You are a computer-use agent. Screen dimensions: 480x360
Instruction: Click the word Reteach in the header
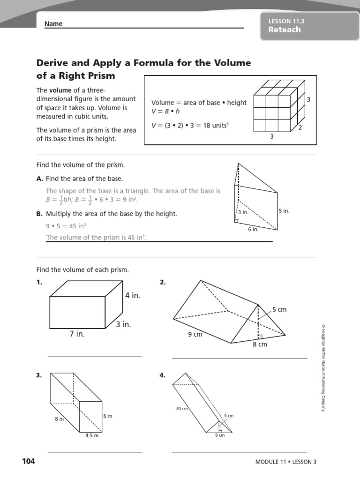(x=285, y=30)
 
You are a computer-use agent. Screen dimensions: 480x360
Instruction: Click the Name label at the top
(x=53, y=24)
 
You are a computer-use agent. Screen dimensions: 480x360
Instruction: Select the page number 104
(x=28, y=461)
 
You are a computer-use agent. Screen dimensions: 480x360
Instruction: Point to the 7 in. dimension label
(x=77, y=334)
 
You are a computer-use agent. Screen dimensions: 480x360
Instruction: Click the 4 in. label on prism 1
(x=133, y=296)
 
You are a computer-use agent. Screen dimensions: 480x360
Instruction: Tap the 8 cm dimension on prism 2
(x=260, y=344)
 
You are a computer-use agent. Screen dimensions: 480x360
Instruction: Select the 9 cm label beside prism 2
(x=195, y=334)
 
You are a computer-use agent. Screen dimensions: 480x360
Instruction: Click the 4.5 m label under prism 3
(x=91, y=435)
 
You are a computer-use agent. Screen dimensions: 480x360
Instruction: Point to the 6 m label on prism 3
(x=108, y=416)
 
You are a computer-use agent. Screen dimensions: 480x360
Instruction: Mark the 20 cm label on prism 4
(x=182, y=409)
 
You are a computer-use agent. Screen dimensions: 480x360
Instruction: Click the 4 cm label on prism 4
(x=229, y=416)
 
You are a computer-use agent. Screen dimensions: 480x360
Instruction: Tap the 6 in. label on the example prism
(x=253, y=229)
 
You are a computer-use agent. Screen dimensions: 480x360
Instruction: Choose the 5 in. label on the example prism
(x=284, y=211)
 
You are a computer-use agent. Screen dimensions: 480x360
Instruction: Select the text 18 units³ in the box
(x=214, y=126)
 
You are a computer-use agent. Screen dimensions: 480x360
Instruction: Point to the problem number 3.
(x=39, y=375)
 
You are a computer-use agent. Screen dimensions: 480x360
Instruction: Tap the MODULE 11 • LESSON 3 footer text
(x=286, y=462)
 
